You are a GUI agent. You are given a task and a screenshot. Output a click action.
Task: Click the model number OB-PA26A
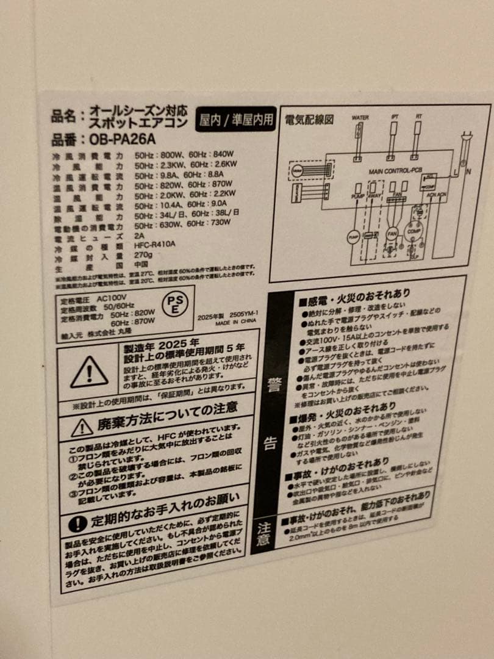pyautogui.click(x=117, y=139)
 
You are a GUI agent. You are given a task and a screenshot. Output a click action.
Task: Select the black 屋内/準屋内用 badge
pyautogui.click(x=236, y=119)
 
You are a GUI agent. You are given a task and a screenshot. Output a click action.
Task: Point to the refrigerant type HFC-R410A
pyautogui.click(x=155, y=244)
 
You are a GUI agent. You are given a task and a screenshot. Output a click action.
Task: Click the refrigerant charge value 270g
pyautogui.click(x=143, y=254)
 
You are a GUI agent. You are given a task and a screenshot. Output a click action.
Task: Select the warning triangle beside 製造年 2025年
pyautogui.click(x=89, y=372)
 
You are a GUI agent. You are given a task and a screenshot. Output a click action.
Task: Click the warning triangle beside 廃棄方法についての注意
pyautogui.click(x=82, y=428)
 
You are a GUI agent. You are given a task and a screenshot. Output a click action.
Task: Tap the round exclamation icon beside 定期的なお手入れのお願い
pyautogui.click(x=77, y=524)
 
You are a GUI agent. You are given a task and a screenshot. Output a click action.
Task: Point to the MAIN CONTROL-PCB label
pyautogui.click(x=396, y=171)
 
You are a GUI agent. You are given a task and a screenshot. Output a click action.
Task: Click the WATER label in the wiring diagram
pyautogui.click(x=360, y=117)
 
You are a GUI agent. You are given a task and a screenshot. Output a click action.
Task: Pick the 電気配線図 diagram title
pyautogui.click(x=309, y=120)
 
